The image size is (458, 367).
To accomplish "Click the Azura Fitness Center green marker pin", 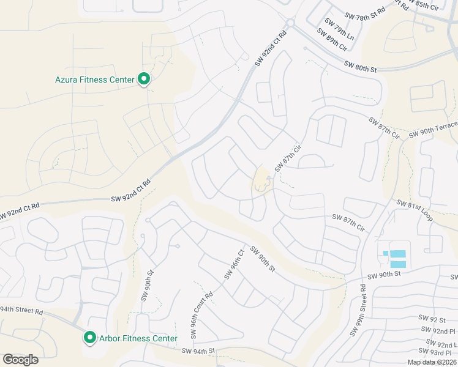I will (145, 79).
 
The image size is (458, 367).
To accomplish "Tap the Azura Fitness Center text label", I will (95, 80).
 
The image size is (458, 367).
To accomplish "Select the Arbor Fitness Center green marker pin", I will (89, 338).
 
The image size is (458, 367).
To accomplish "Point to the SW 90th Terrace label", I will (433, 129).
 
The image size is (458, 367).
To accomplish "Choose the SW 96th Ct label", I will (235, 264).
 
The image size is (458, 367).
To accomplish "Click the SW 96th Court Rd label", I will (201, 306).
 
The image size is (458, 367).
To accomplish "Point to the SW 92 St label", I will (432, 319).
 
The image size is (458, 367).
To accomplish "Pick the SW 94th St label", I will (199, 351).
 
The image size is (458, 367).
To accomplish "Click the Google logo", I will (20, 359).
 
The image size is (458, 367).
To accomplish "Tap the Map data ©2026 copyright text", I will (432, 362).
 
